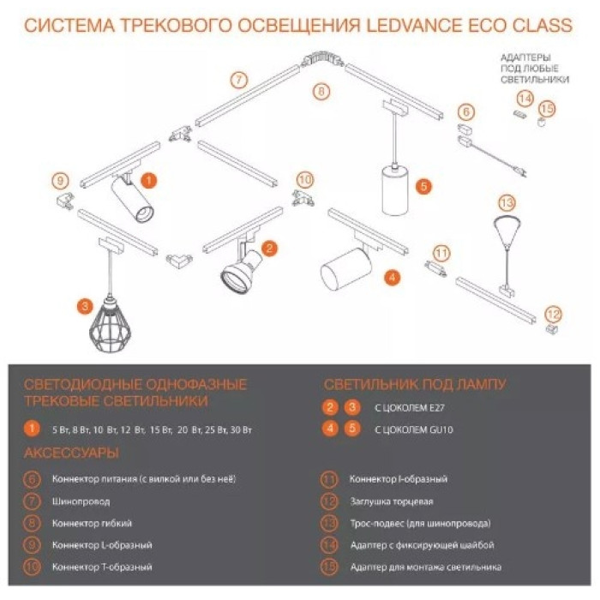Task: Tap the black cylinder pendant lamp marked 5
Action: [393, 190]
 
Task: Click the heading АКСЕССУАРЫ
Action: [72, 453]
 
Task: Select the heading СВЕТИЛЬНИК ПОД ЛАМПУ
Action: [415, 384]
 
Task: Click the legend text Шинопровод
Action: [81, 500]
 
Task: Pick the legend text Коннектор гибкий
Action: [92, 522]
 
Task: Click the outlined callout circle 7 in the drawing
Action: [240, 81]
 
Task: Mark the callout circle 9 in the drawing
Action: [59, 181]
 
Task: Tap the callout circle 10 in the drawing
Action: [306, 179]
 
